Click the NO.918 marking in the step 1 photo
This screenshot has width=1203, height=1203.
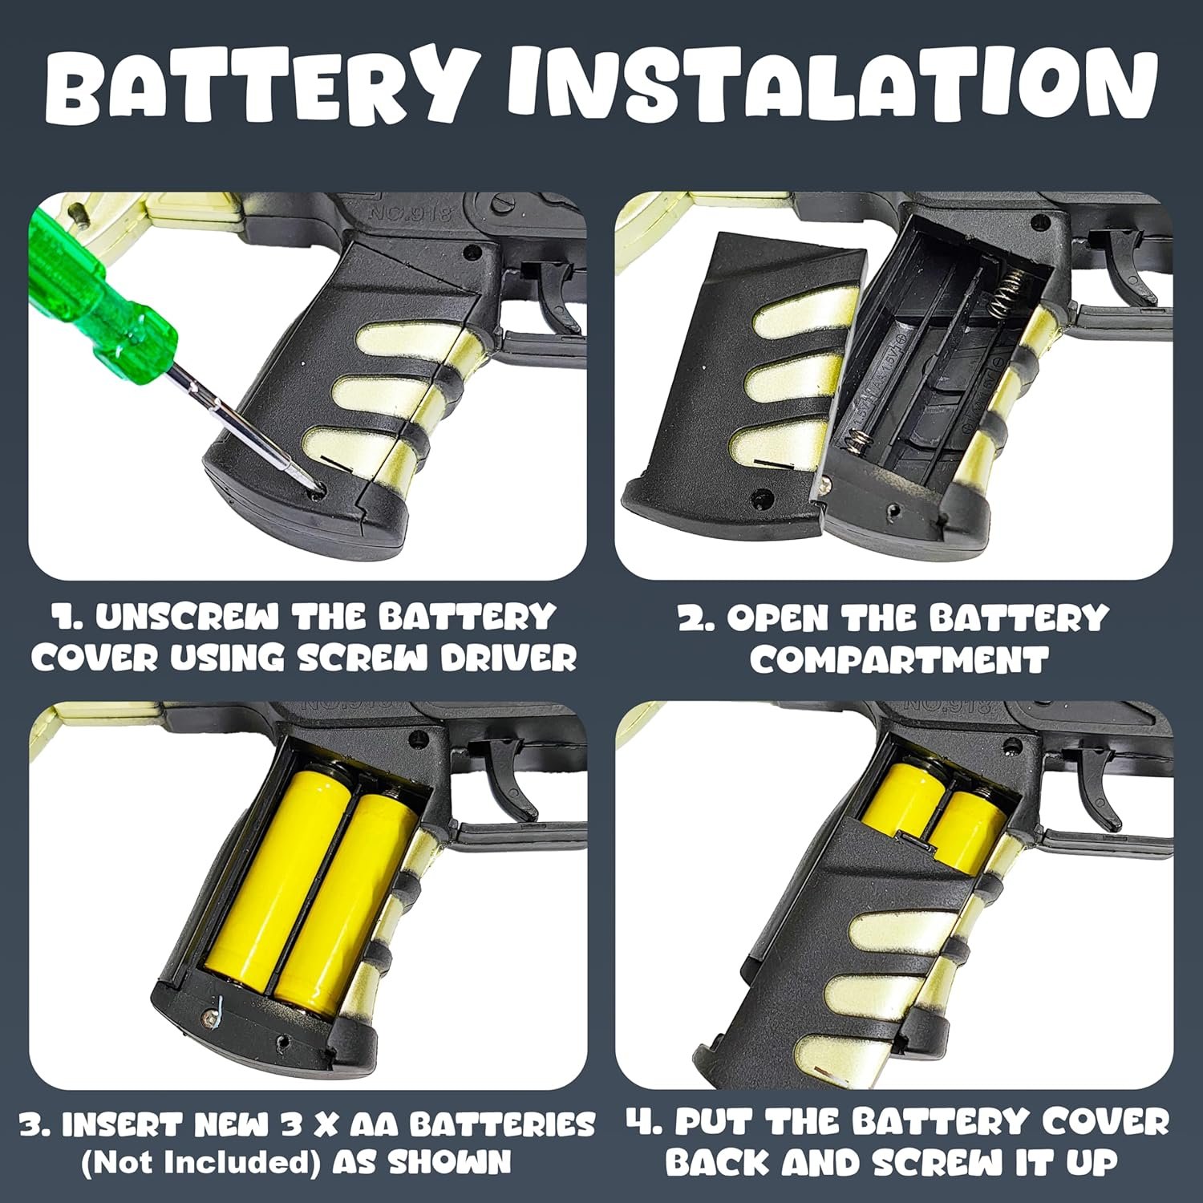(411, 213)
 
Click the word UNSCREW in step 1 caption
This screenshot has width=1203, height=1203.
(188, 618)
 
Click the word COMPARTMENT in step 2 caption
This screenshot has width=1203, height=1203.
(899, 660)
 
